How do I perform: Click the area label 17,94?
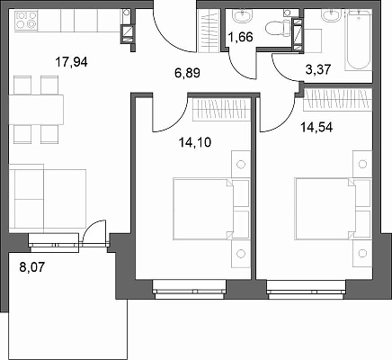(x=71, y=62)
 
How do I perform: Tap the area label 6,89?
(x=187, y=73)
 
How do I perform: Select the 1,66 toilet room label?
(x=240, y=37)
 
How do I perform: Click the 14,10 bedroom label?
(x=195, y=142)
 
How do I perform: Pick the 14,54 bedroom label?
(x=316, y=128)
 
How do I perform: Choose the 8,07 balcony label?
(x=31, y=266)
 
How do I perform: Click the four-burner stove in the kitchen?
(x=26, y=20)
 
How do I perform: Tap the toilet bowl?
(x=277, y=28)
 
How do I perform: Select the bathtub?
(x=358, y=40)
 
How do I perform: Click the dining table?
(x=36, y=110)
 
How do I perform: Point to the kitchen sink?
(x=127, y=13)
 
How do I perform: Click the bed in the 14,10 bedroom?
(x=203, y=209)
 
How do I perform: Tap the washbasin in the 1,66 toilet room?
(x=243, y=15)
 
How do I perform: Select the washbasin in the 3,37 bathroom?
(x=332, y=15)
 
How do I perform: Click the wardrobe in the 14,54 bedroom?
(x=338, y=100)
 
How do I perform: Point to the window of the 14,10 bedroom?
(x=190, y=290)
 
